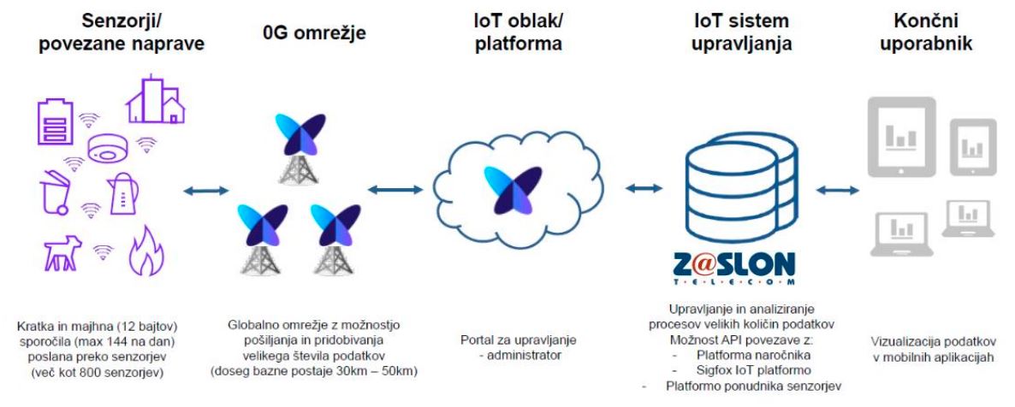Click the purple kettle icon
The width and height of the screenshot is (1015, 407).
click(x=122, y=194)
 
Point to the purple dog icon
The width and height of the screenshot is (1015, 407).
click(x=62, y=252)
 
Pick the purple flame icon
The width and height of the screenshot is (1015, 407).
click(x=146, y=251)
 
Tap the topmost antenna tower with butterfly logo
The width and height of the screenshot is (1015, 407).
click(x=299, y=150)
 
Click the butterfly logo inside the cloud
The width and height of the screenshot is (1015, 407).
click(x=512, y=190)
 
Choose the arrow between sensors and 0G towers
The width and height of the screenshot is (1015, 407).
click(x=206, y=191)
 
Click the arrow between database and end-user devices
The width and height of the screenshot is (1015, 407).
click(x=837, y=190)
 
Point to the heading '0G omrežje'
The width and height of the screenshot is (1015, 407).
click(x=315, y=33)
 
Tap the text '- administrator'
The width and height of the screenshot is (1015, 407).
click(x=518, y=355)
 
